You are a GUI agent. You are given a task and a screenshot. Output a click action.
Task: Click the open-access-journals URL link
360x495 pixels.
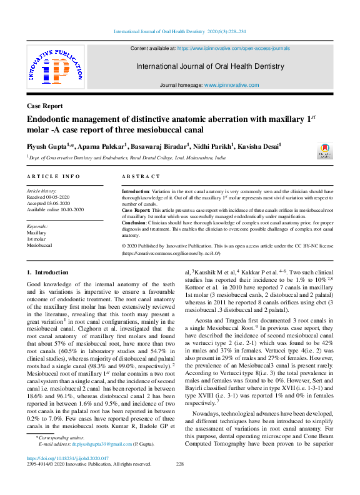click(x=234, y=47)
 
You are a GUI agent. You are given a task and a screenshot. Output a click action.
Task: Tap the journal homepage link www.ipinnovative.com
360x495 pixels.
click(x=231, y=84)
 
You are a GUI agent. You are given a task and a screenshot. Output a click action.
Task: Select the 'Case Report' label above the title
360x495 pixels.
click(x=45, y=106)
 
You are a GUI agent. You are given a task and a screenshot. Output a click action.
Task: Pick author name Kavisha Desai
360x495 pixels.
click(x=259, y=146)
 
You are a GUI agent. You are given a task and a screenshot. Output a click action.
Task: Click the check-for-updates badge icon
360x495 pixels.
click(x=324, y=151)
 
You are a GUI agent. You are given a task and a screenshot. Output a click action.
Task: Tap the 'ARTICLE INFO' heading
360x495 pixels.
click(x=53, y=177)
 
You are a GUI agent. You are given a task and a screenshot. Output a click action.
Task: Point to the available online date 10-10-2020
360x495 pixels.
click(x=69, y=209)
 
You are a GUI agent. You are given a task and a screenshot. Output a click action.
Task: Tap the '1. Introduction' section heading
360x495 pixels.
click(x=47, y=272)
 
